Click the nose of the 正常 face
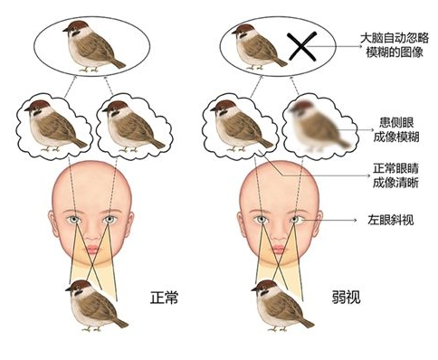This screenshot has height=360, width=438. (92, 232)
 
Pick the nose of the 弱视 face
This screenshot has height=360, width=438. (278, 232)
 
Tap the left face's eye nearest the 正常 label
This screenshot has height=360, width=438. (109, 219)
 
